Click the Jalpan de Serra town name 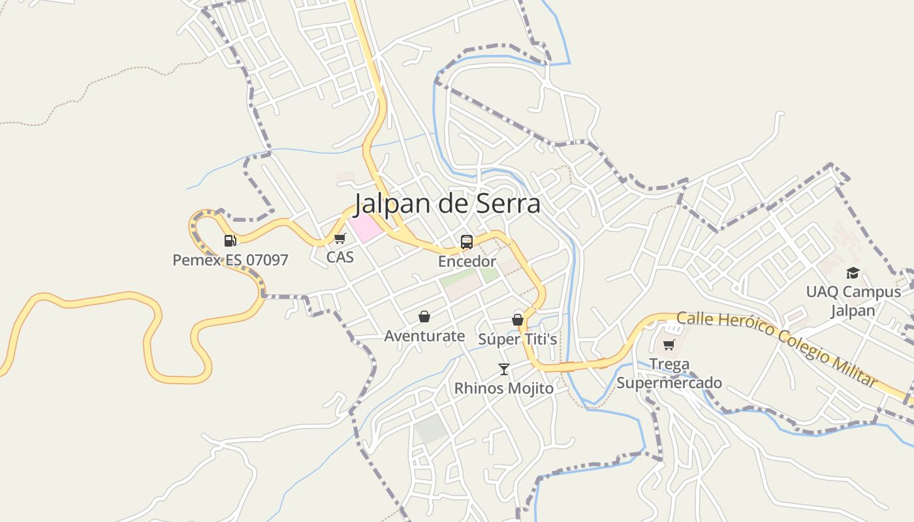(447, 204)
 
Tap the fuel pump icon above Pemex (230, 241)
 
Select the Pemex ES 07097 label (230, 260)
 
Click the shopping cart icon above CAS (339, 239)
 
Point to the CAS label (339, 257)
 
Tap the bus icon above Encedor (467, 242)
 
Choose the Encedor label (467, 262)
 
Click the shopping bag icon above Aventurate (424, 316)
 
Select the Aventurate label (424, 336)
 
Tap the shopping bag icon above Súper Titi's (518, 320)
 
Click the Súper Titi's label (518, 339)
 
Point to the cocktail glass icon (503, 369)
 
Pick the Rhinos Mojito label (503, 388)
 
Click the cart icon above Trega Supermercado (669, 345)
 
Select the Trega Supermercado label (669, 373)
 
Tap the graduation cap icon (853, 273)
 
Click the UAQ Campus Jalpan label (853, 301)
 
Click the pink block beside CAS (364, 227)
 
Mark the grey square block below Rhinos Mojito (432, 429)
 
